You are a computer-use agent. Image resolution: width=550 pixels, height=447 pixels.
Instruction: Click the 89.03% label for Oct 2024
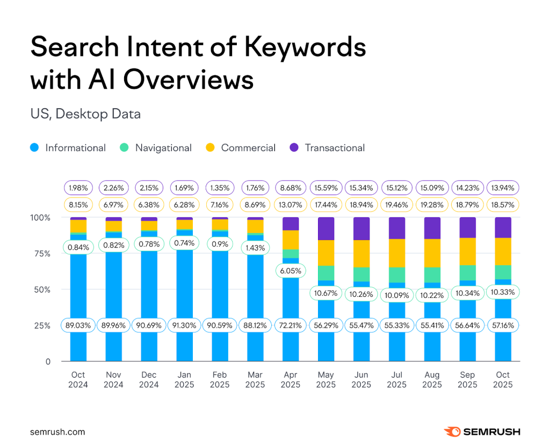pos(78,325)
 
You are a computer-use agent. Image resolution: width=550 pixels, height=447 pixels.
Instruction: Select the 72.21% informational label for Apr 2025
pos(291,325)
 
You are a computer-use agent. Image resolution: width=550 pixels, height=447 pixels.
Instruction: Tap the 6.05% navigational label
pos(291,270)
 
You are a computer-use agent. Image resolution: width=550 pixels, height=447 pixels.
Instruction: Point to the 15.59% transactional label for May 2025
pos(326,188)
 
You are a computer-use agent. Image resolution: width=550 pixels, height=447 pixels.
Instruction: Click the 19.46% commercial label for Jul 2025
pos(397,204)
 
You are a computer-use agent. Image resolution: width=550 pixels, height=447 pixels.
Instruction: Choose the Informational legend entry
pos(68,148)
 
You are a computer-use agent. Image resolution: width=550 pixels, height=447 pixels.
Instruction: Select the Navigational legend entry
pos(156,148)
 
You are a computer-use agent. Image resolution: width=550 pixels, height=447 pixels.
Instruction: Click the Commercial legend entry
pos(241,148)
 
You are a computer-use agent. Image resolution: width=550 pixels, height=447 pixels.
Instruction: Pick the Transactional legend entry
pos(327,148)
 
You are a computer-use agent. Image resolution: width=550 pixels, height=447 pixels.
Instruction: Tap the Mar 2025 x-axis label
pos(255,379)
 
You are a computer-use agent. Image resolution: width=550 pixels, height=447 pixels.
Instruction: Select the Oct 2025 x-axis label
pos(503,379)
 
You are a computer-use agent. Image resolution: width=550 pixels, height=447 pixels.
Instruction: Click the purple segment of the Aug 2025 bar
pos(432,228)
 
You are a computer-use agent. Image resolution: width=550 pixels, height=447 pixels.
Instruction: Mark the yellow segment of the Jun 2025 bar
pos(361,253)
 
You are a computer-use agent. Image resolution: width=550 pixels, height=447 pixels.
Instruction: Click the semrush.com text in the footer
pos(57,431)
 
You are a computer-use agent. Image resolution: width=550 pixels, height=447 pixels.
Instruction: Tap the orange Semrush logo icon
pos(451,431)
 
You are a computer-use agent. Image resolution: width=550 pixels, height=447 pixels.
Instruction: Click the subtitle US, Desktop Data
pos(85,113)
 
